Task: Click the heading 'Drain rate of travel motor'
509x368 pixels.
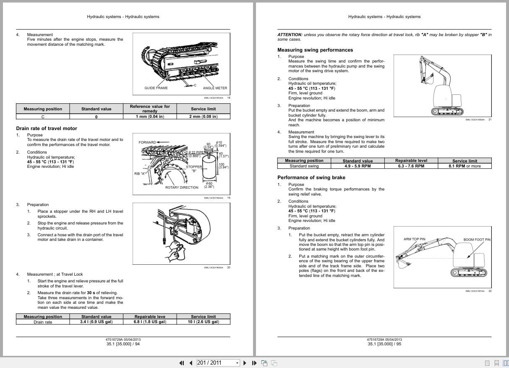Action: pyautogui.click(x=47, y=128)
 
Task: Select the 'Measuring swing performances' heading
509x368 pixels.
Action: pyautogui.click(x=315, y=50)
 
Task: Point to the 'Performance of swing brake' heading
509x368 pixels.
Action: pyautogui.click(x=311, y=177)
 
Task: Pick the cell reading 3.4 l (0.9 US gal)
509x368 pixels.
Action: pyautogui.click(x=96, y=322)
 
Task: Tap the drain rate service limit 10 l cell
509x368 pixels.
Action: pyautogui.click(x=204, y=322)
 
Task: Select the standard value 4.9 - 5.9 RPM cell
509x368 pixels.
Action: pyautogui.click(x=358, y=166)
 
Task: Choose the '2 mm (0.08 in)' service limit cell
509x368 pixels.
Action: pyautogui.click(x=204, y=116)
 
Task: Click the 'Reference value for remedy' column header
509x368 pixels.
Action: pyautogui.click(x=150, y=109)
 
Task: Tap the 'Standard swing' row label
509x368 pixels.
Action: pyautogui.click(x=304, y=166)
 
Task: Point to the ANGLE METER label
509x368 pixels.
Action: pyautogui.click(x=215, y=88)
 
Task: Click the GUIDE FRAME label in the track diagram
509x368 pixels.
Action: pyautogui.click(x=156, y=88)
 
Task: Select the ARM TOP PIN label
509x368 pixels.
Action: pyautogui.click(x=414, y=239)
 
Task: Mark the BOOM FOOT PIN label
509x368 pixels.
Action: pyautogui.click(x=477, y=240)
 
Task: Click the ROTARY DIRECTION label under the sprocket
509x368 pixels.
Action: pyautogui.click(x=182, y=188)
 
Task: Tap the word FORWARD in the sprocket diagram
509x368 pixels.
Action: pyautogui.click(x=147, y=142)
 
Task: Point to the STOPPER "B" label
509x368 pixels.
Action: pyautogui.click(x=194, y=169)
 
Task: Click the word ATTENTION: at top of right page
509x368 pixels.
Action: pyautogui.click(x=290, y=35)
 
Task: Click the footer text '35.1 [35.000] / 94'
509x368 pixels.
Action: pyautogui.click(x=123, y=344)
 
